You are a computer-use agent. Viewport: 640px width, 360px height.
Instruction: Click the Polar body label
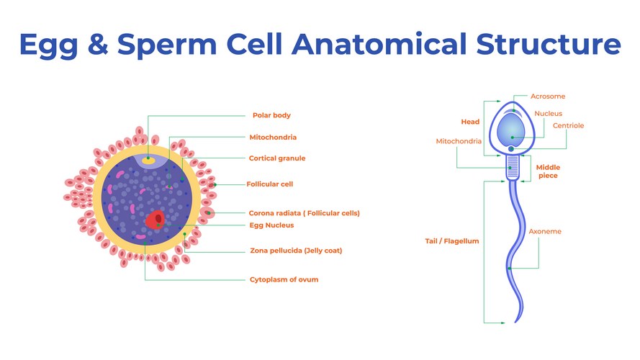[x=271, y=115]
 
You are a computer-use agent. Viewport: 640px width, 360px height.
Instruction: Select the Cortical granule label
[x=277, y=158]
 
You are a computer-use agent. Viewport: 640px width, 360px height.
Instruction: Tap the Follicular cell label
[x=269, y=184]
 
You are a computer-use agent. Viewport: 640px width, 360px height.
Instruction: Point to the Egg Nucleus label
[x=271, y=225]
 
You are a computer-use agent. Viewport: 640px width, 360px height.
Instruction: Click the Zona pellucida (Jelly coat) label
[x=295, y=251]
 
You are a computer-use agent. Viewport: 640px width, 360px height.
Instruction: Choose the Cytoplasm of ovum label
[x=284, y=279]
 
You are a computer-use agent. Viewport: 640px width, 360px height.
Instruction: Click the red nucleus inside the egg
[x=156, y=219]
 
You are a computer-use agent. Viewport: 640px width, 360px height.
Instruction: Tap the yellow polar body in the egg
[x=148, y=160]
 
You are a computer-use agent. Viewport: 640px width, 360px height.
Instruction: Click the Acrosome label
[x=548, y=96]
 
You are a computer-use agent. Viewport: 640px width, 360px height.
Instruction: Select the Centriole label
[x=568, y=126]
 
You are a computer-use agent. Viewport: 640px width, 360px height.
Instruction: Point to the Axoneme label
[x=545, y=232]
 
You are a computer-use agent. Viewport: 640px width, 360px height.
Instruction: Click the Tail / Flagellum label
[x=452, y=241]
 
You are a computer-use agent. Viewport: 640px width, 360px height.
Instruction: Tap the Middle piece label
[x=548, y=171]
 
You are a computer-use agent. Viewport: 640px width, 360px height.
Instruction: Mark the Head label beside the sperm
[x=470, y=122]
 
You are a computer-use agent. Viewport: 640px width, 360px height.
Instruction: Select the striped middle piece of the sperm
[x=512, y=169]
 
